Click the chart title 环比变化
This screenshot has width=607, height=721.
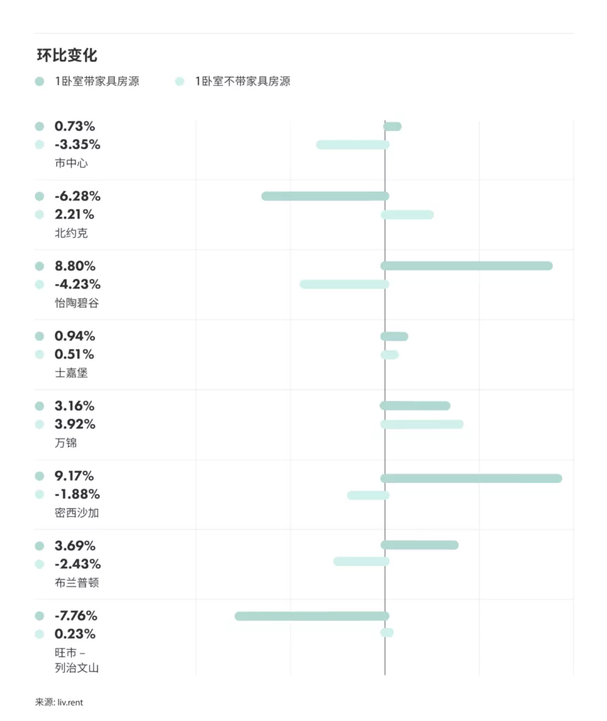pyautogui.click(x=67, y=56)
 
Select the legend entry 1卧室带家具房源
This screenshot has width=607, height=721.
pyautogui.click(x=96, y=81)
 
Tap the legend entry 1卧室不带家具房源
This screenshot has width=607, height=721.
pyautogui.click(x=242, y=81)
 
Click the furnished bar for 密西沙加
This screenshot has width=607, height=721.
pyautogui.click(x=471, y=478)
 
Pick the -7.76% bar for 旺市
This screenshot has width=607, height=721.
pyautogui.click(x=311, y=616)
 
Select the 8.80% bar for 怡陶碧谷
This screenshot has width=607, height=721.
pyautogui.click(x=466, y=265)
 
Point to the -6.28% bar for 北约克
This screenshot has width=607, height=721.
pyautogui.click(x=325, y=196)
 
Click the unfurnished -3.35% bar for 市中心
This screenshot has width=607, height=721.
pyautogui.click(x=352, y=145)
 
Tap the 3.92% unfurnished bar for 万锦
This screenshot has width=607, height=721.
pyautogui.click(x=422, y=425)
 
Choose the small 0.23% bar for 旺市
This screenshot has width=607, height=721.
pyautogui.click(x=387, y=633)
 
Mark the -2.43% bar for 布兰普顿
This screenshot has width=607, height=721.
pyautogui.click(x=361, y=561)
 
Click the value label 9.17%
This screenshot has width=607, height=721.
pyautogui.click(x=75, y=476)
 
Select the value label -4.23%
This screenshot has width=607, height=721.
pyautogui.click(x=77, y=284)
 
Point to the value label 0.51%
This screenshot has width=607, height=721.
pyautogui.click(x=75, y=354)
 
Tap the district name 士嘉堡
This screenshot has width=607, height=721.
pyautogui.click(x=71, y=373)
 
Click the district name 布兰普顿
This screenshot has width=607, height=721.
pyautogui.click(x=77, y=583)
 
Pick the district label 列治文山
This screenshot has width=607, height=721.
pyautogui.click(x=77, y=667)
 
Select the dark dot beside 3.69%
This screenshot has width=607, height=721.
pyautogui.click(x=39, y=546)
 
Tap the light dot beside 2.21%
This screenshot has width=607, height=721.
pyautogui.click(x=39, y=215)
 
